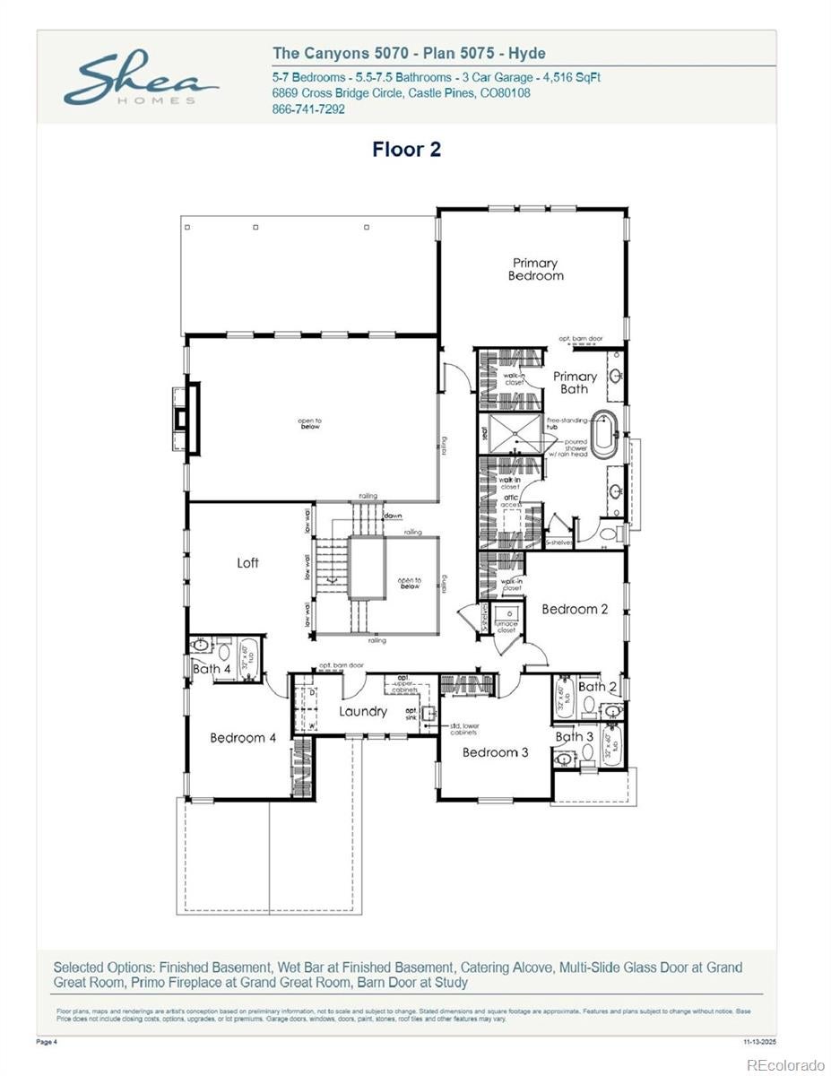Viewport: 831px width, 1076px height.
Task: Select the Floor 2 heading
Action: pos(406,150)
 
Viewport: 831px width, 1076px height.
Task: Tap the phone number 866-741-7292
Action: pos(307,109)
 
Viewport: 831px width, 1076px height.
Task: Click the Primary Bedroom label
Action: pos(535,269)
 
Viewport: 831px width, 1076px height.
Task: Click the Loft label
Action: pos(247,563)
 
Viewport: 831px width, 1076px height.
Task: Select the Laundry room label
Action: pos(363,711)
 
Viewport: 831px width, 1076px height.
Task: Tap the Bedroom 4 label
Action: pos(243,738)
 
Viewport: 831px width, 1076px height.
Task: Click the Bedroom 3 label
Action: pos(496,752)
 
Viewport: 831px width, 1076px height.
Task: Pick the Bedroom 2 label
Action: pos(575,609)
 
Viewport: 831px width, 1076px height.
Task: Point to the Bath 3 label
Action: pos(574,737)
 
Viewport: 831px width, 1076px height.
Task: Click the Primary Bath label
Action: pos(574,382)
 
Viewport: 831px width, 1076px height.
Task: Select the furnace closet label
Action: pos(506,628)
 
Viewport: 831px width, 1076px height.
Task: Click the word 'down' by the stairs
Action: pos(393,516)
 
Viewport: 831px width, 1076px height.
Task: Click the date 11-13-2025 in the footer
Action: pos(759,1042)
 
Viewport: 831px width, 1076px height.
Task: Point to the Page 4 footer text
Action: pos(47,1042)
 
